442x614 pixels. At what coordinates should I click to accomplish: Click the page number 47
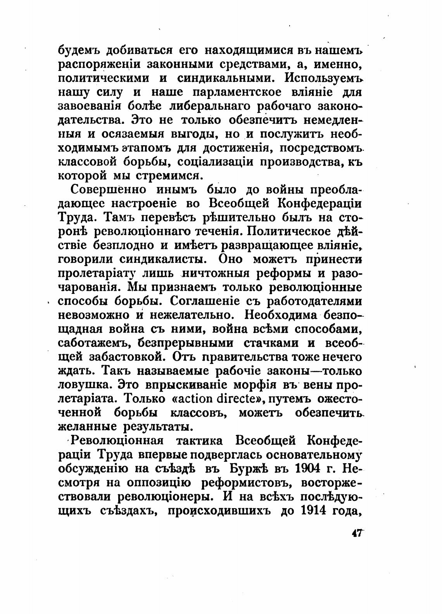pyautogui.click(x=357, y=533)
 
